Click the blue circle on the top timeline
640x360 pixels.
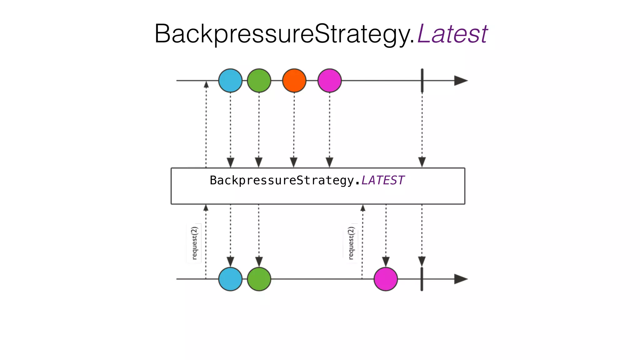(x=230, y=81)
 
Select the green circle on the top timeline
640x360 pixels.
(x=259, y=81)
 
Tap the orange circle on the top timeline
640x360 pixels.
(x=294, y=81)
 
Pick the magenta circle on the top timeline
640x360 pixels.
(x=329, y=81)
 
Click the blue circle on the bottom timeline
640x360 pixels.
(x=230, y=279)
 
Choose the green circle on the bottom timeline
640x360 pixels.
(x=259, y=279)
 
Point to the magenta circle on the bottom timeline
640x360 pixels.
(x=386, y=279)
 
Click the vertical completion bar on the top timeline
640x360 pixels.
(x=422, y=81)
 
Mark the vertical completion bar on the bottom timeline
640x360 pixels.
(x=422, y=279)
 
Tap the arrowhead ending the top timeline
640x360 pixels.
(x=461, y=81)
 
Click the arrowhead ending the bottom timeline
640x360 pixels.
(x=461, y=279)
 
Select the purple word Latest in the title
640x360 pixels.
(x=452, y=34)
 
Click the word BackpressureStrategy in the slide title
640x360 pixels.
(x=284, y=34)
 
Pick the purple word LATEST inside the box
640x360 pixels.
(x=383, y=180)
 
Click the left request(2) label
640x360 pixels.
(x=194, y=243)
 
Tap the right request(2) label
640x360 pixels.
(x=351, y=243)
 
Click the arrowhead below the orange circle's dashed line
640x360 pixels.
(x=294, y=162)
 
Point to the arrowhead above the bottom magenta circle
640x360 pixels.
(x=386, y=261)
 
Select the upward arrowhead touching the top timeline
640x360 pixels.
(x=206, y=84)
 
